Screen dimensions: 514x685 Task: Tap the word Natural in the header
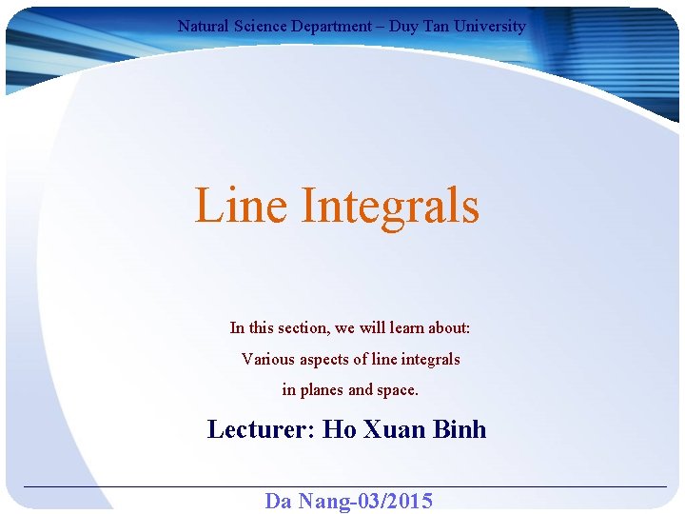(203, 27)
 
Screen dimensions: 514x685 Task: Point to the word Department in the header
(332, 27)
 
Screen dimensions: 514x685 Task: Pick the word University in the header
(490, 27)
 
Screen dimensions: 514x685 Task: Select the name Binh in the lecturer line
(460, 429)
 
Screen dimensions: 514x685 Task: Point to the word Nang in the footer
(320, 501)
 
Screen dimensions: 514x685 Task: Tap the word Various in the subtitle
(267, 360)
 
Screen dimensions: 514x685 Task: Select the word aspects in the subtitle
(324, 360)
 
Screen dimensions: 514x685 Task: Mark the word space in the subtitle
(398, 390)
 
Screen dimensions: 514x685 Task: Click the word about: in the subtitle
(451, 328)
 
